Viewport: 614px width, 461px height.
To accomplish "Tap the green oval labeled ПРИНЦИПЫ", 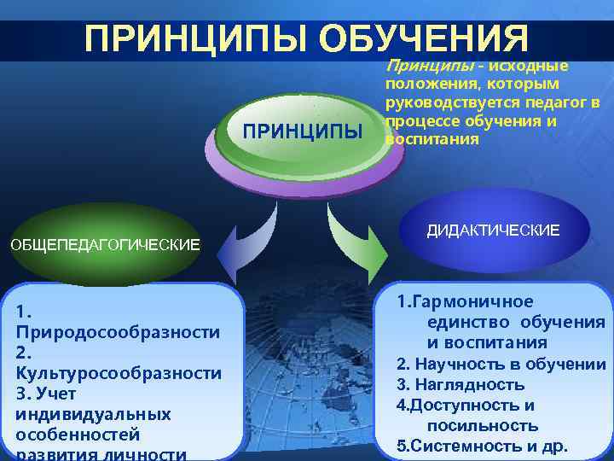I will [x=302, y=132].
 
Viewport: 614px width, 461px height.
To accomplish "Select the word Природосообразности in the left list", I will [x=118, y=331].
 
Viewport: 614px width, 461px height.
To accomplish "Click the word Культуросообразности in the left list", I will [x=119, y=373].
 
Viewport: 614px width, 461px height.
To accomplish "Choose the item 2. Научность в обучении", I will [x=501, y=365].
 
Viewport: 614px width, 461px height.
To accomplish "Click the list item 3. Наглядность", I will [x=460, y=385].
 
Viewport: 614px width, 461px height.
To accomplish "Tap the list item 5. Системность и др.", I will [x=482, y=446].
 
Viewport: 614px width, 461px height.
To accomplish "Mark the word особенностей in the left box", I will [x=77, y=435].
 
